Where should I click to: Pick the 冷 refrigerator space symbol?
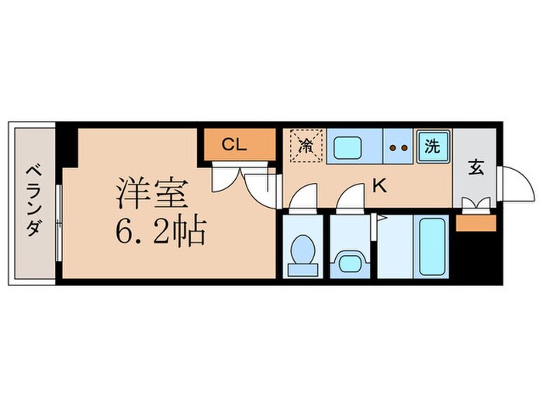pyautogui.click(x=304, y=145)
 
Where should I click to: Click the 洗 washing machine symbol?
pyautogui.click(x=431, y=145)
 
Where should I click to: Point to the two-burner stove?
pyautogui.click(x=399, y=146)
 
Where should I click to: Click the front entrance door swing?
pyautogui.click(x=512, y=186)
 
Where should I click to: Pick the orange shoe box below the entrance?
pyautogui.click(x=475, y=223)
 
